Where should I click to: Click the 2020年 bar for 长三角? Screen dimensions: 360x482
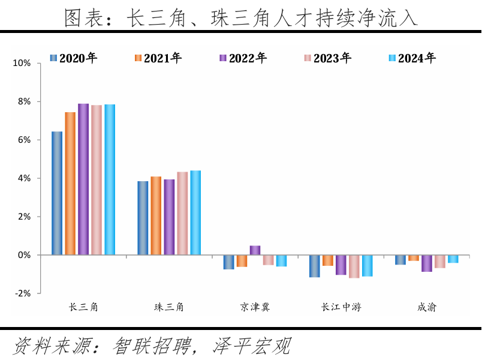[57, 193]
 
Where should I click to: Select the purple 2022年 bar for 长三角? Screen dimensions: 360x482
[83, 179]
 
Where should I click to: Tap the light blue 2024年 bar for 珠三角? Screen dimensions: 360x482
[195, 213]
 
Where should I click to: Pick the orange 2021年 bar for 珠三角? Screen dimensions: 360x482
[156, 216]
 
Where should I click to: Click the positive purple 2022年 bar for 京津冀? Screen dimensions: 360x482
[255, 250]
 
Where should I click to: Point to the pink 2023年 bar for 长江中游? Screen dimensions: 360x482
[354, 266]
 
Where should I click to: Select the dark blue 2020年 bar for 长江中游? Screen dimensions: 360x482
[315, 266]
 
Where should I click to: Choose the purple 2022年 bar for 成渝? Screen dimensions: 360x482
[427, 263]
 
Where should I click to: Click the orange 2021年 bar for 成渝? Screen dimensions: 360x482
[414, 258]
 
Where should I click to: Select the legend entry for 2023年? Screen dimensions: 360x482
[327, 58]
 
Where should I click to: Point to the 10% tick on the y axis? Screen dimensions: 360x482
[21, 63]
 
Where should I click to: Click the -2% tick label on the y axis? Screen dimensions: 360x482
[22, 293]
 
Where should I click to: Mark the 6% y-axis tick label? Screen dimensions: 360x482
[23, 140]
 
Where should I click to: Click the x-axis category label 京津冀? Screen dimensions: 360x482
[255, 307]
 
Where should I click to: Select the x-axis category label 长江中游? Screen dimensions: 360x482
[341, 307]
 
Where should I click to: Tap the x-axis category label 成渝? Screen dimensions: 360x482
[427, 307]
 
